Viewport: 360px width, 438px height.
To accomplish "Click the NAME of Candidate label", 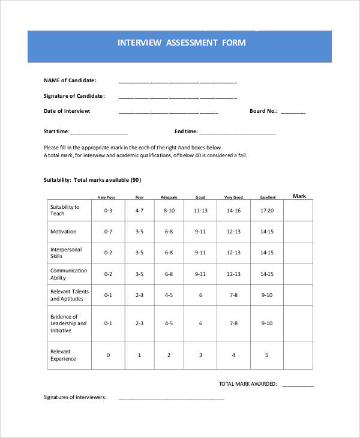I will (x=70, y=80).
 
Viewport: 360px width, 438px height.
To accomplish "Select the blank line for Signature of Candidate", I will (x=178, y=97).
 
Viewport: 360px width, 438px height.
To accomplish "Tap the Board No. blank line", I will (x=293, y=112).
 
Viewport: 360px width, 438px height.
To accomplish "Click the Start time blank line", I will (x=99, y=133).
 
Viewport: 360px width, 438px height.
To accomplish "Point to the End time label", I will (x=185, y=131).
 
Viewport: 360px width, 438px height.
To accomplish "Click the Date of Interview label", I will (x=67, y=111).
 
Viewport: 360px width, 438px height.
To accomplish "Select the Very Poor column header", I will (x=108, y=197).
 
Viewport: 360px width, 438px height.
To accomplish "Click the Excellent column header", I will (x=267, y=197).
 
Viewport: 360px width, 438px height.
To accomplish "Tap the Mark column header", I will (x=299, y=196).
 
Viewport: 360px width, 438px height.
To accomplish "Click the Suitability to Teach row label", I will (x=65, y=210).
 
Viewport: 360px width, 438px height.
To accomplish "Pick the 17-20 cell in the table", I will (x=267, y=211).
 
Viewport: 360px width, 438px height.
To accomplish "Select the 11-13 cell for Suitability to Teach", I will (x=200, y=211).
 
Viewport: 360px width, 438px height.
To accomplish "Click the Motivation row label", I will (x=63, y=232).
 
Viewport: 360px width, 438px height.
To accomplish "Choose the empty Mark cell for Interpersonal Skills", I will (x=299, y=253).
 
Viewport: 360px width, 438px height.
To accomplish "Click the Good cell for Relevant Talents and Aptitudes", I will (x=200, y=295).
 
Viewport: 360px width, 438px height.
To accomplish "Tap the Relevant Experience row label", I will (x=64, y=355).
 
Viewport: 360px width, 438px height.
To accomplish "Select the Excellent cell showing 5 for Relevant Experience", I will (x=267, y=355).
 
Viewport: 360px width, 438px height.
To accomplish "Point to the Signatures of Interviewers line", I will (x=172, y=398).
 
